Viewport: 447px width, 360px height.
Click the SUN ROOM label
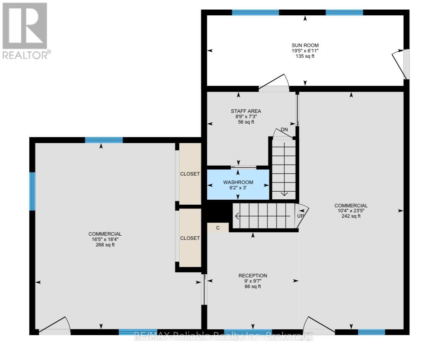click(305, 45)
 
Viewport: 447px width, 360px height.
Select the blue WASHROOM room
click(238, 185)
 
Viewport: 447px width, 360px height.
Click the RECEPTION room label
click(252, 275)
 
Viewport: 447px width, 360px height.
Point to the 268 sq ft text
click(105, 245)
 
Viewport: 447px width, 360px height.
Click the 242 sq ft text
click(351, 216)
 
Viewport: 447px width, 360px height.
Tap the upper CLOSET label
click(190, 174)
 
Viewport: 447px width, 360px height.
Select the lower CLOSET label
click(190, 238)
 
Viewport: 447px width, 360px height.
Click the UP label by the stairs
click(301, 216)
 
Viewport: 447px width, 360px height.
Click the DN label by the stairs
click(284, 130)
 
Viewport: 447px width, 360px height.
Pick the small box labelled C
click(218, 228)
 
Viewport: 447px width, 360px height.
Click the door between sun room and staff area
click(274, 83)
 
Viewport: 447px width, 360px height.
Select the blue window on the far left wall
click(33, 191)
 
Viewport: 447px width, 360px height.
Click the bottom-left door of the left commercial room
click(55, 326)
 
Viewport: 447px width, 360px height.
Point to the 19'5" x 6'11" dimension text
click(305, 51)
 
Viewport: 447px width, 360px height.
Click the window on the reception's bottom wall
click(248, 332)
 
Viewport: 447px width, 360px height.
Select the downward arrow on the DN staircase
click(284, 194)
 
